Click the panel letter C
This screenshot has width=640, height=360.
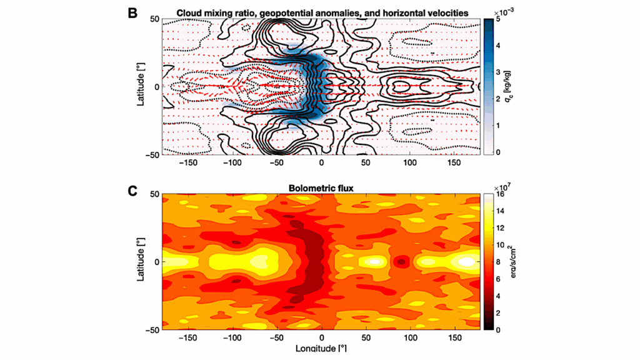(x=132, y=187)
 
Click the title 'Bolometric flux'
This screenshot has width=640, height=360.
(x=321, y=188)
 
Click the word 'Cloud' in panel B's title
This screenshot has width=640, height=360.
(x=190, y=12)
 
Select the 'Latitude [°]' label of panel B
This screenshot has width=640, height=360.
(x=141, y=86)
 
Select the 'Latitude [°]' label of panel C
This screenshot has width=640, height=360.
(x=141, y=262)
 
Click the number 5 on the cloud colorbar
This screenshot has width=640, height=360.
(x=498, y=19)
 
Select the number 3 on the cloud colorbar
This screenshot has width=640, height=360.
(x=498, y=72)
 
